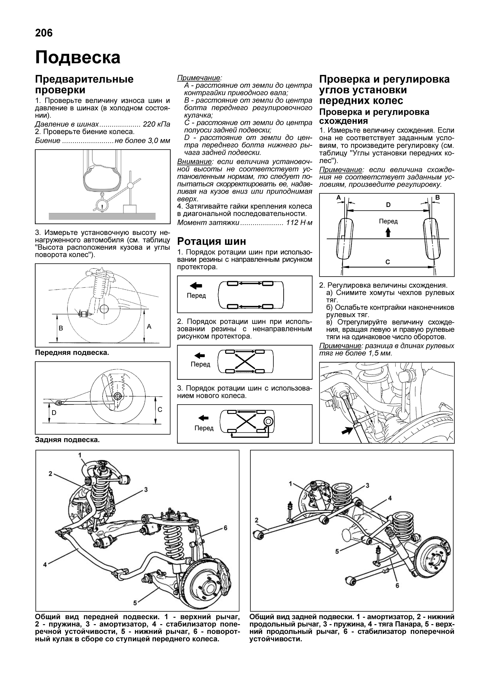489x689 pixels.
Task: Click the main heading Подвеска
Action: tap(78, 57)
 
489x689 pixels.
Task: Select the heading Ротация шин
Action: tap(211, 241)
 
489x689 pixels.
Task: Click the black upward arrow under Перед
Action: tap(388, 232)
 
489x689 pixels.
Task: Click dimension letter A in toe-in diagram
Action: tap(338, 198)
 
